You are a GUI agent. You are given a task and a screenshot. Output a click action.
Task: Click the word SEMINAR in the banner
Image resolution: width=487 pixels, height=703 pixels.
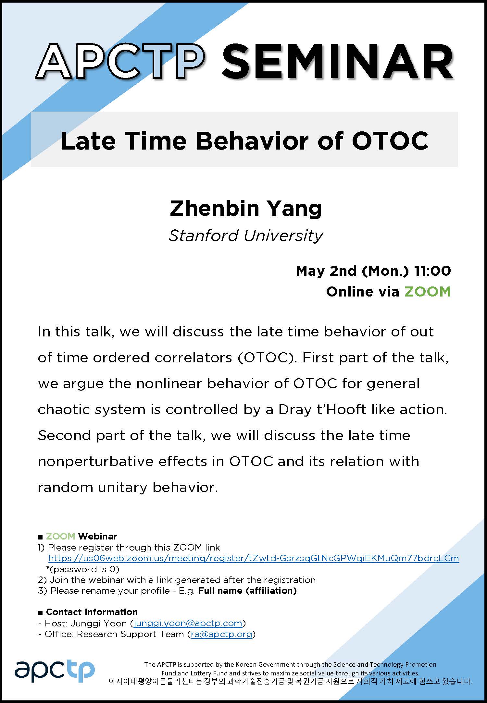click(338, 62)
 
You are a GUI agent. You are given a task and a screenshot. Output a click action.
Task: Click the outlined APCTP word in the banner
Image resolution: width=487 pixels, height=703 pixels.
click(120, 62)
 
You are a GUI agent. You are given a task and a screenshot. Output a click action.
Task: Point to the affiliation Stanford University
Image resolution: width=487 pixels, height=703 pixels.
click(246, 236)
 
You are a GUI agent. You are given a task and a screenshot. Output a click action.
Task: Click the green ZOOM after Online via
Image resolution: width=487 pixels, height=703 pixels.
click(428, 291)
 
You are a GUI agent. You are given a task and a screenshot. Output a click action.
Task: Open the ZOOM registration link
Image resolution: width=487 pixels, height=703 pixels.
click(254, 558)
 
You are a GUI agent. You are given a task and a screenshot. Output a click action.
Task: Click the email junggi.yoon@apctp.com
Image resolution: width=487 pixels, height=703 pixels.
click(188, 623)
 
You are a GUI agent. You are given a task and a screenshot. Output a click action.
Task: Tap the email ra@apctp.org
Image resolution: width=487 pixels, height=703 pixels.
click(221, 634)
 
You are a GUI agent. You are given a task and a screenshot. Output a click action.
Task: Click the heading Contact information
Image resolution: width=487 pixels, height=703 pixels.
click(92, 612)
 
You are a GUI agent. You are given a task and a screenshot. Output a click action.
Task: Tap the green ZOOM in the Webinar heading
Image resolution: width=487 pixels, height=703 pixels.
click(60, 536)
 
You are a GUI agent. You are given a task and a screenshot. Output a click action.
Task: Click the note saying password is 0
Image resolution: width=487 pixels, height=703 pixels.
click(83, 569)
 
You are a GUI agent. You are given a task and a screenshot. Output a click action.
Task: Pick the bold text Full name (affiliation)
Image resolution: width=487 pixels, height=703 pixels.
click(248, 590)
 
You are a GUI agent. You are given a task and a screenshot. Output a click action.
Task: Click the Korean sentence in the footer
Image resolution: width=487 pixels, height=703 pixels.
click(290, 681)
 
